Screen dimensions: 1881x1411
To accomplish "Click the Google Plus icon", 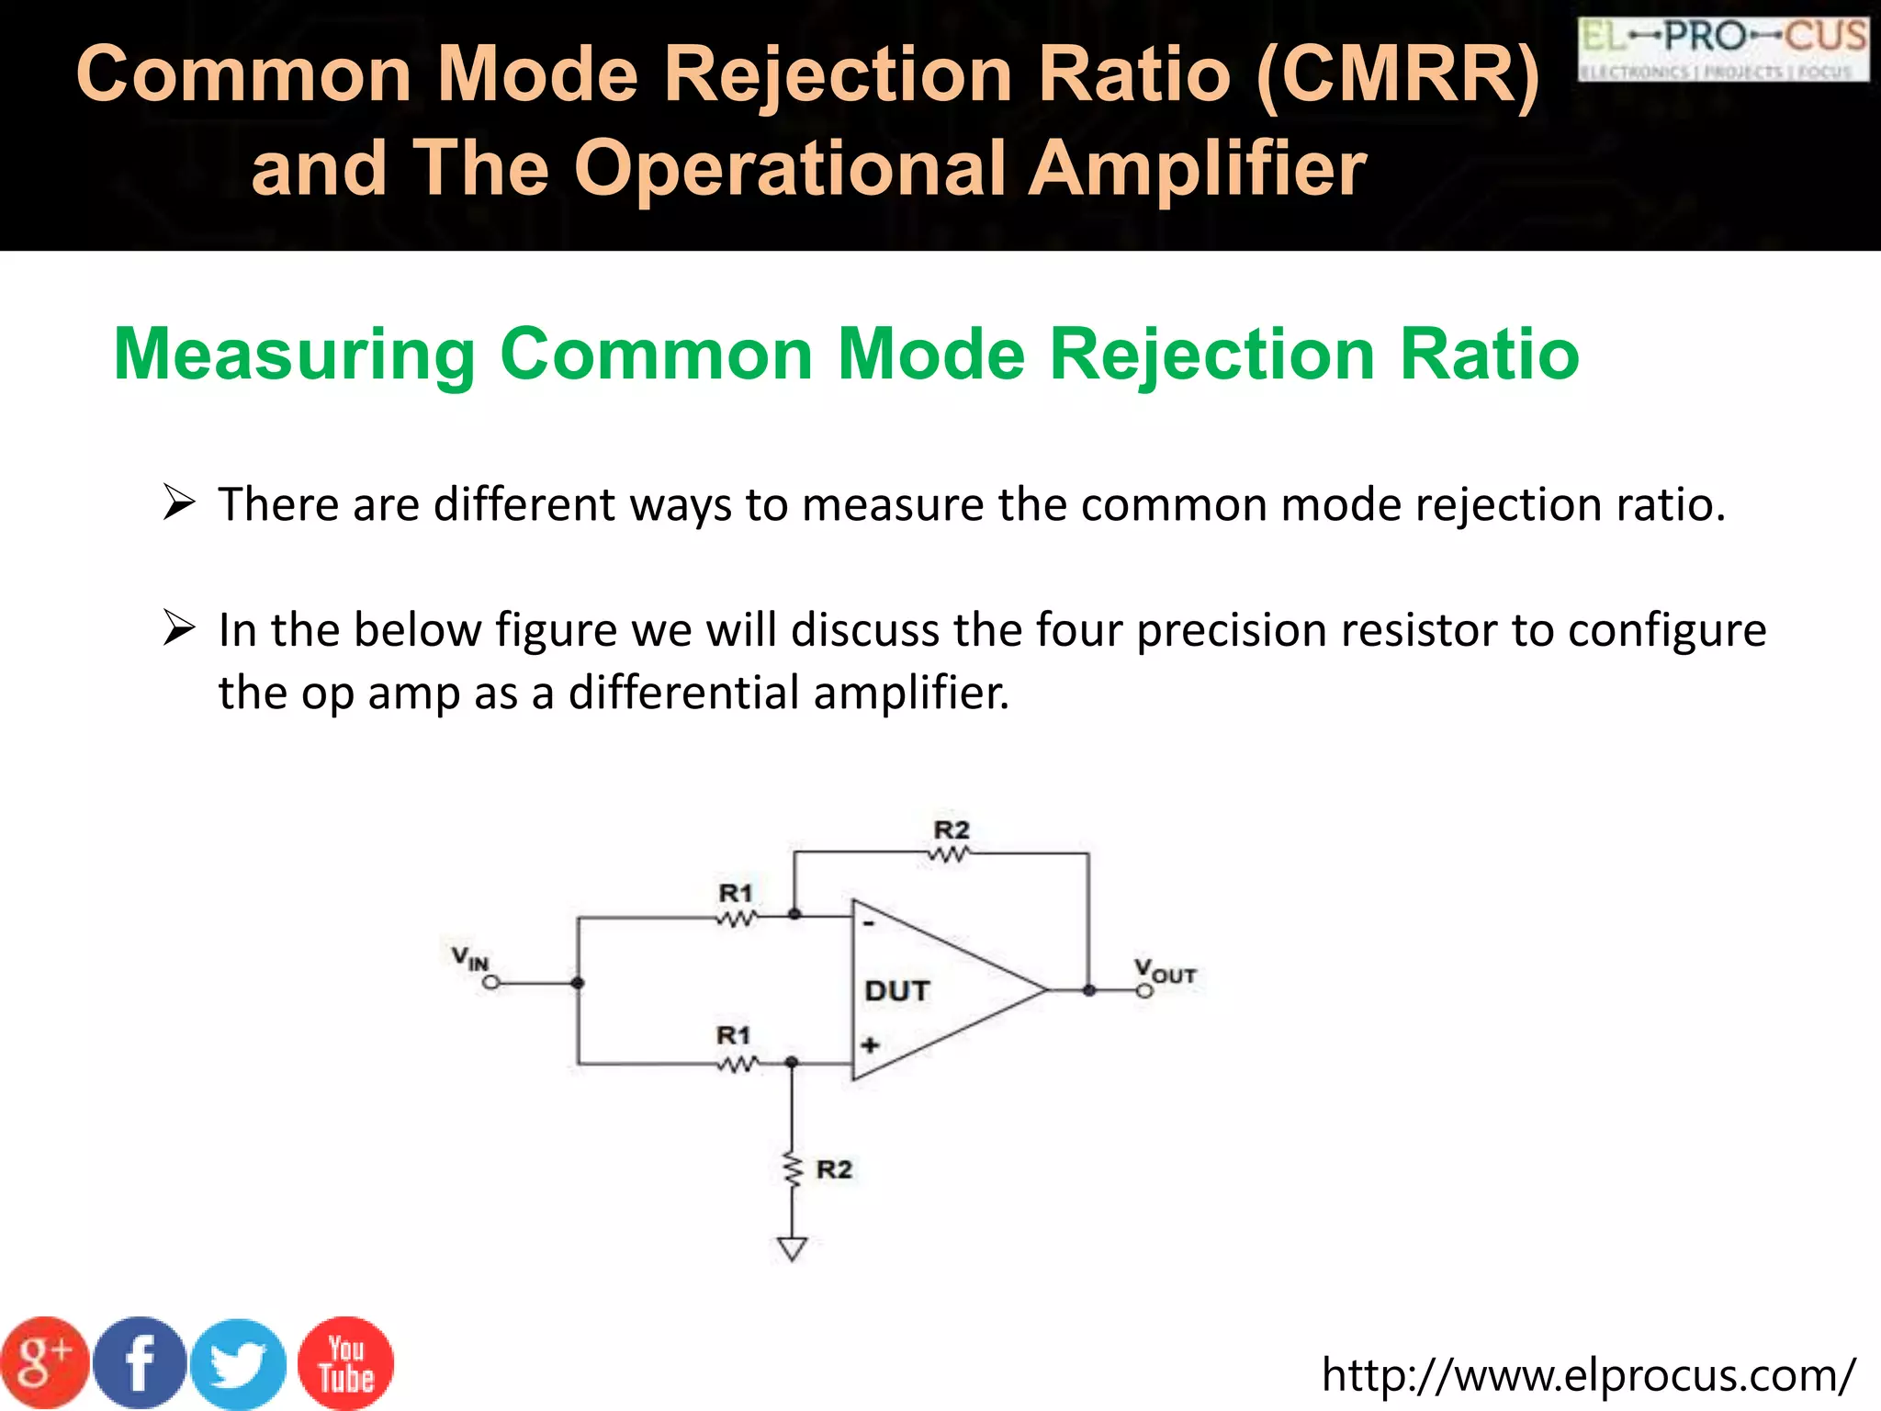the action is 44,1363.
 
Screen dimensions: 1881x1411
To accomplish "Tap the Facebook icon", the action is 140,1363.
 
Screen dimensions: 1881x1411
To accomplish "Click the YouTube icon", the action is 346,1364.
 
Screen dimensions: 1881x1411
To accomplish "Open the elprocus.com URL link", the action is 1588,1375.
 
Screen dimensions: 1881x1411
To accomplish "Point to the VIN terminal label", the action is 469,958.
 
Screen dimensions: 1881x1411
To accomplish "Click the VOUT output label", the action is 1164,971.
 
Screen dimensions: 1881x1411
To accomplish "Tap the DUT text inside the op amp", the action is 897,991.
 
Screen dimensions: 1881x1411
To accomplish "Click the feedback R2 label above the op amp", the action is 952,830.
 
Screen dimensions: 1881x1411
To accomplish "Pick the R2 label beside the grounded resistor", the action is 834,1169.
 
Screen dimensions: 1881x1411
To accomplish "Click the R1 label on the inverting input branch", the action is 735,893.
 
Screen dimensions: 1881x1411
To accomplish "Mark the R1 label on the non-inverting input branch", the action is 733,1036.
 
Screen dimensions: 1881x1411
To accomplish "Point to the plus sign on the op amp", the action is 870,1044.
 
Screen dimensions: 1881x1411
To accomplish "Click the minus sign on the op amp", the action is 869,923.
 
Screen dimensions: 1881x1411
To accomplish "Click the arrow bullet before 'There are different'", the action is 178,503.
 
